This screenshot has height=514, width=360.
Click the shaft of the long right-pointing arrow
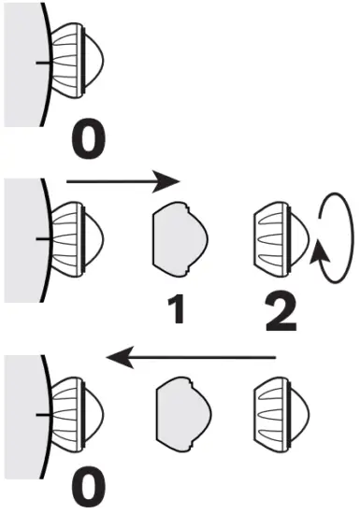pyautogui.click(x=112, y=177)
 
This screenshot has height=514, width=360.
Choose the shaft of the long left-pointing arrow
pyautogui.click(x=206, y=356)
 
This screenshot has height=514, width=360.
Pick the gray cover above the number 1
pyautogui.click(x=178, y=240)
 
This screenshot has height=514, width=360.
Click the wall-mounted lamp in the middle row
pyautogui.click(x=74, y=239)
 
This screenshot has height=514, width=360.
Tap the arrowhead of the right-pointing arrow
pyautogui.click(x=168, y=177)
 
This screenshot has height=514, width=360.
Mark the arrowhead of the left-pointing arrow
pyautogui.click(x=117, y=356)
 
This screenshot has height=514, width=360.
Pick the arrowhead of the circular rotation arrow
pyautogui.click(x=322, y=250)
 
